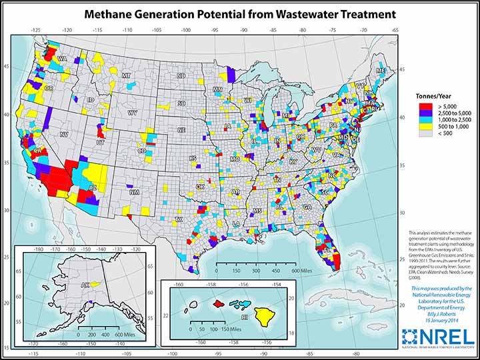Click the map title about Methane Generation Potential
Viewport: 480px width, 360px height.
[x=239, y=13]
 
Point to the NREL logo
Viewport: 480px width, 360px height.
[x=439, y=337]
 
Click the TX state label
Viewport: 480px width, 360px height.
[x=178, y=219]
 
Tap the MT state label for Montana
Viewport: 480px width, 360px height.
[x=126, y=76]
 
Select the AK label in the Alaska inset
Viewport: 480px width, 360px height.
[x=67, y=283]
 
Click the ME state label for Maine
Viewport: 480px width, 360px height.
[x=381, y=71]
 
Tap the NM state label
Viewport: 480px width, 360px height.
[x=135, y=192]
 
